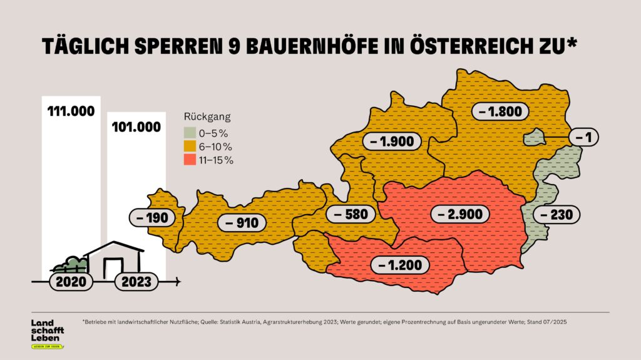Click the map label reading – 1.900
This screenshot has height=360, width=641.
[x=392, y=141]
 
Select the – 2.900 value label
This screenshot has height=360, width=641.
[x=458, y=213]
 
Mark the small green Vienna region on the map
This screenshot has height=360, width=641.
[x=533, y=137]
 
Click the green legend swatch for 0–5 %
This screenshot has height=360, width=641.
[x=189, y=133]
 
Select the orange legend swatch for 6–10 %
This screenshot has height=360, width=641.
[x=189, y=147]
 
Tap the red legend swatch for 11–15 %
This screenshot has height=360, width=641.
[x=189, y=160]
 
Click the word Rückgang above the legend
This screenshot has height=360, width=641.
[x=207, y=117]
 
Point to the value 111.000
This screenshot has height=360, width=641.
[x=71, y=111]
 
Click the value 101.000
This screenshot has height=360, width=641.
[x=136, y=126]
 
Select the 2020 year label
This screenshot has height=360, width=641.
[x=70, y=281]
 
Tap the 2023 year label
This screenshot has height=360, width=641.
[x=136, y=282]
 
